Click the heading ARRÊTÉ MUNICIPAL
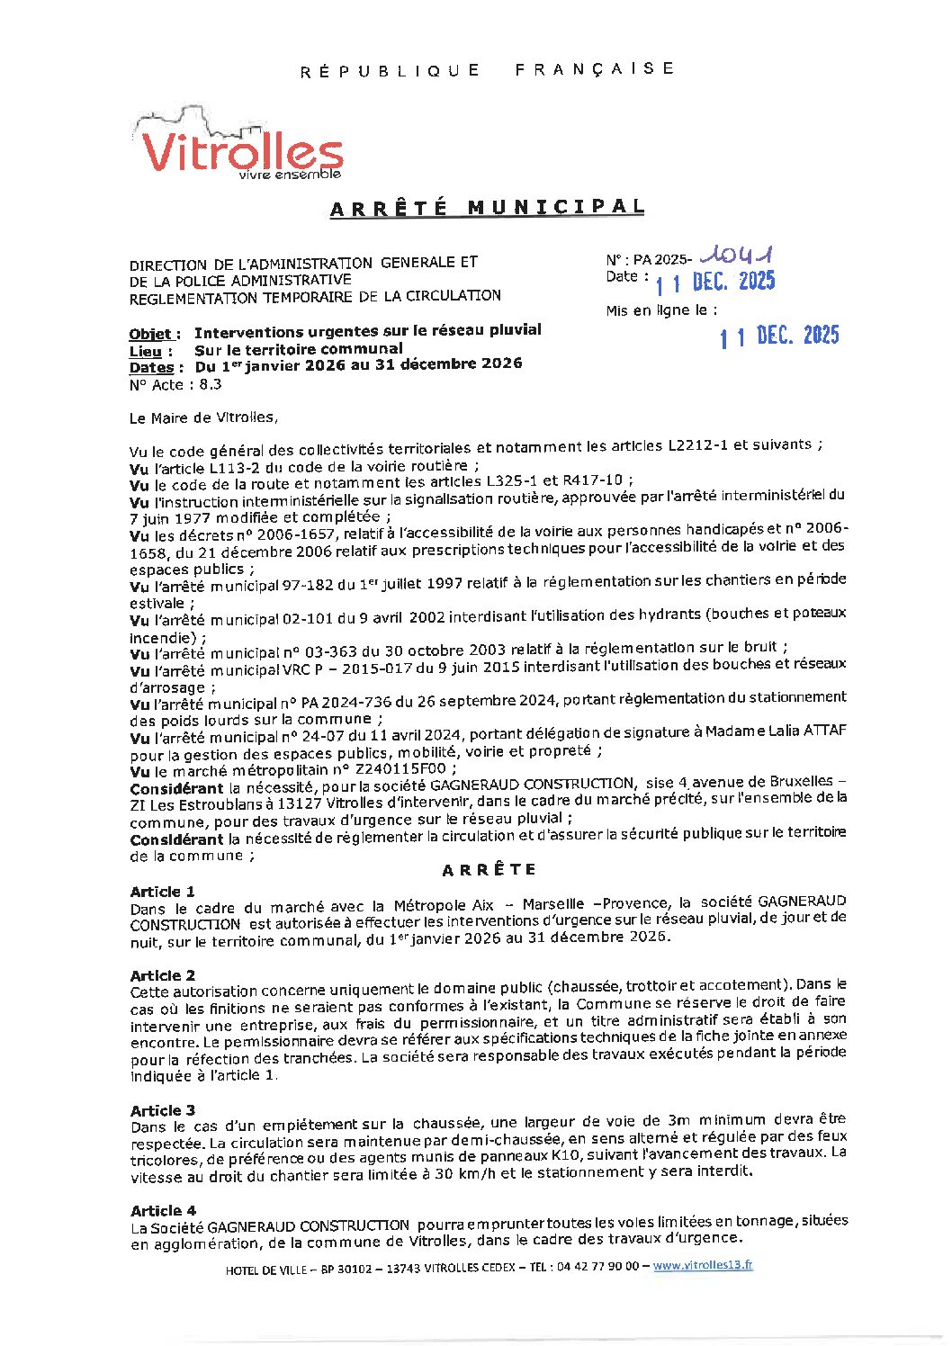coord(487,208)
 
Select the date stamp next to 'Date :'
coord(715,283)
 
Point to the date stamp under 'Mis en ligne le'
coord(779,336)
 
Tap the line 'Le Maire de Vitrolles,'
coord(204,417)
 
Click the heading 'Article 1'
coord(162,892)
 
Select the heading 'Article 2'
coord(162,975)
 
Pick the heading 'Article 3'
coord(162,1110)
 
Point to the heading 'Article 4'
coord(163,1211)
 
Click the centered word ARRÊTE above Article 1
coord(489,870)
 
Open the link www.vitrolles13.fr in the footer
coord(703,1265)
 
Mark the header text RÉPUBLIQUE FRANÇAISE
coord(487,69)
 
